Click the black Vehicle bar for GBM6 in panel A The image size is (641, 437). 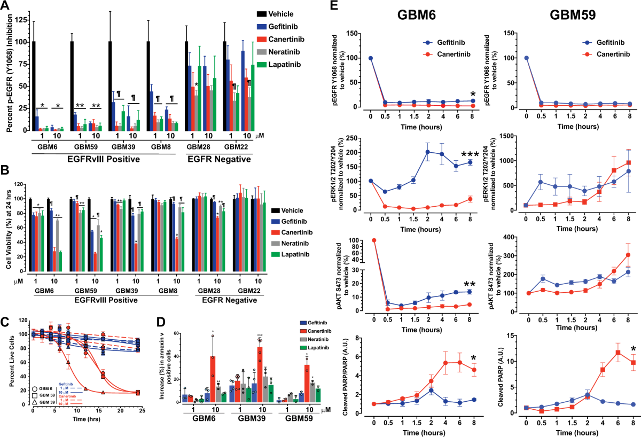[34, 85]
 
